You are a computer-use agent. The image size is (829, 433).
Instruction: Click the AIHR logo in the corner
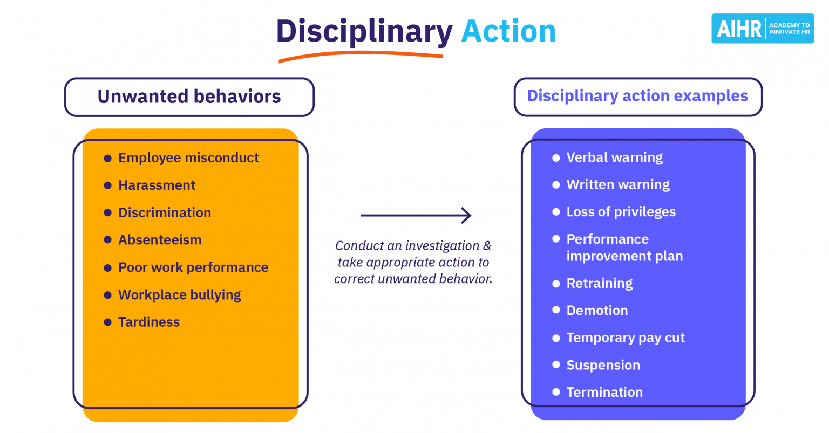[762, 29]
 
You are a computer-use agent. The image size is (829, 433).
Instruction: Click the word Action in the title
[508, 31]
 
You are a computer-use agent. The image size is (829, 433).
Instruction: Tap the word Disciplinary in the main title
[364, 31]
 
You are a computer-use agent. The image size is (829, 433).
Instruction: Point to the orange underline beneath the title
[360, 54]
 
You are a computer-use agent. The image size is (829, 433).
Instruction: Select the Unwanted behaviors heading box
[189, 97]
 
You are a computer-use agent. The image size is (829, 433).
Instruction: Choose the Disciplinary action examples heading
[637, 97]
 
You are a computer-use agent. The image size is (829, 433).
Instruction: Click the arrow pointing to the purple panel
[416, 216]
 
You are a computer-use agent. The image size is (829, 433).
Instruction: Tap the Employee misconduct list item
[188, 158]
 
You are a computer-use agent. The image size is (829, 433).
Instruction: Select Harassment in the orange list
[157, 185]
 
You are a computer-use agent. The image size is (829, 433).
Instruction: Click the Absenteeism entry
[160, 240]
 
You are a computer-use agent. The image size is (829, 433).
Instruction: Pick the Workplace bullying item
[179, 295]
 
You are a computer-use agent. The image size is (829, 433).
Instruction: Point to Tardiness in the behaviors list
[149, 322]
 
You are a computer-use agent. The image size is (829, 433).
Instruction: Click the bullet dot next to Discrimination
[107, 213]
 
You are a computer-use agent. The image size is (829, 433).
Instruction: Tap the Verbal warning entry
[614, 157]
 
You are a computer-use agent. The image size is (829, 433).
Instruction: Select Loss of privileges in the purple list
[621, 212]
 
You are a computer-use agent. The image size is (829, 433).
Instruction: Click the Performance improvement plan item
[624, 248]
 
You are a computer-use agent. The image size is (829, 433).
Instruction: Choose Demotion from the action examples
[597, 311]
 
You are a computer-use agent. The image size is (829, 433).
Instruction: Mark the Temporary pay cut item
[625, 338]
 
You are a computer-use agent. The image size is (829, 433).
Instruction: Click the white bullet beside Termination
[556, 393]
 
